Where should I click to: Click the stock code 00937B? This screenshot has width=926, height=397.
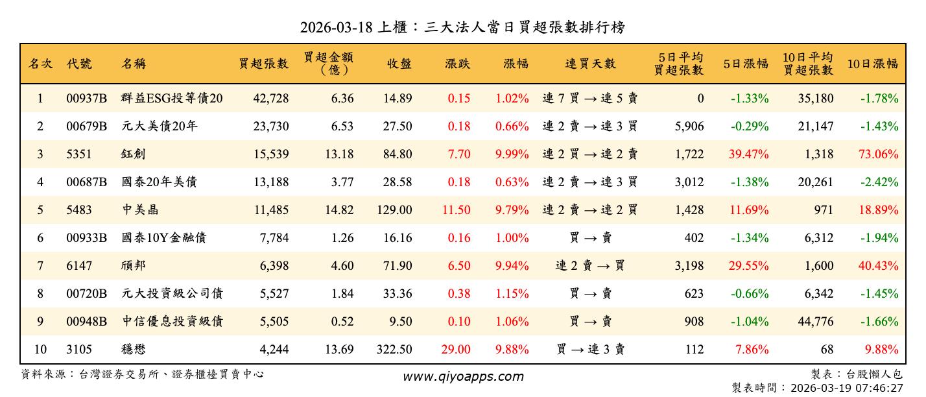tap(86, 99)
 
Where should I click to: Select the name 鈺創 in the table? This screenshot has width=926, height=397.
tap(134, 154)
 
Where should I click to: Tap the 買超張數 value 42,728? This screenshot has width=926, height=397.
tap(270, 99)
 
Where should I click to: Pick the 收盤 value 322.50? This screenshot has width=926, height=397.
tap(394, 350)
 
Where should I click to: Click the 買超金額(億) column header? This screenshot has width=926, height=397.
tap(329, 64)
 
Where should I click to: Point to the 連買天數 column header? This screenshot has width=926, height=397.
tap(590, 64)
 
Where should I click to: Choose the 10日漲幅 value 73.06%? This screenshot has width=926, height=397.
tap(879, 154)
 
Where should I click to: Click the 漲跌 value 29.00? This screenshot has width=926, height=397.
tap(455, 350)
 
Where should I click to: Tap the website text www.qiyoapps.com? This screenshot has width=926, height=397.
tap(463, 376)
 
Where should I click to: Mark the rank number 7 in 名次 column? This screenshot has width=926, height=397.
tap(40, 266)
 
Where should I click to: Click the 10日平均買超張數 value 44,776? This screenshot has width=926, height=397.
tap(815, 322)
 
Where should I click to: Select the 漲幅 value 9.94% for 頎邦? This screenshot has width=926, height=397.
tap(512, 266)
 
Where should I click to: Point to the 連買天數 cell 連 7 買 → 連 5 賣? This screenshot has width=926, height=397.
tap(590, 99)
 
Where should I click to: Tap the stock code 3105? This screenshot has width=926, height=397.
tap(79, 350)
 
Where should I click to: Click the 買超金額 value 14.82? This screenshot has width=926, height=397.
tap(338, 210)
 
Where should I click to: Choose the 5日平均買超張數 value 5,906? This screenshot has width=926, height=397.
tap(689, 126)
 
